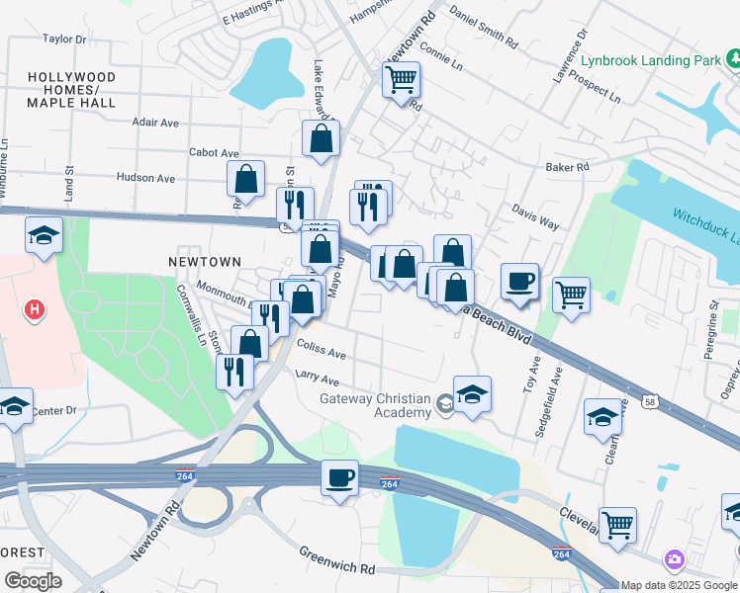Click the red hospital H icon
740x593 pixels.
35,310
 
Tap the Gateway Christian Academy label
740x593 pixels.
375,405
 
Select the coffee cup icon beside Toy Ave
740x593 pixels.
519,282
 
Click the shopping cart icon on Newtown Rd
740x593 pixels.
401,79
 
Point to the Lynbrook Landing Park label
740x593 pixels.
651,60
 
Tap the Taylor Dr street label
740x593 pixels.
64,40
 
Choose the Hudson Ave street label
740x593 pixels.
145,178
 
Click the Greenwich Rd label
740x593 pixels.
338,568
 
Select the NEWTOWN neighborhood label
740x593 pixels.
205,262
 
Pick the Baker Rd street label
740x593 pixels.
567,168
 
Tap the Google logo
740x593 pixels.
33,580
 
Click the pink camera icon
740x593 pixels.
675,560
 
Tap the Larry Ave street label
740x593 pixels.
317,381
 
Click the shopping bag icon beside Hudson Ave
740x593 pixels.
245,180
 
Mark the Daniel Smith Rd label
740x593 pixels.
483,27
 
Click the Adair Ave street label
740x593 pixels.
155,123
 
